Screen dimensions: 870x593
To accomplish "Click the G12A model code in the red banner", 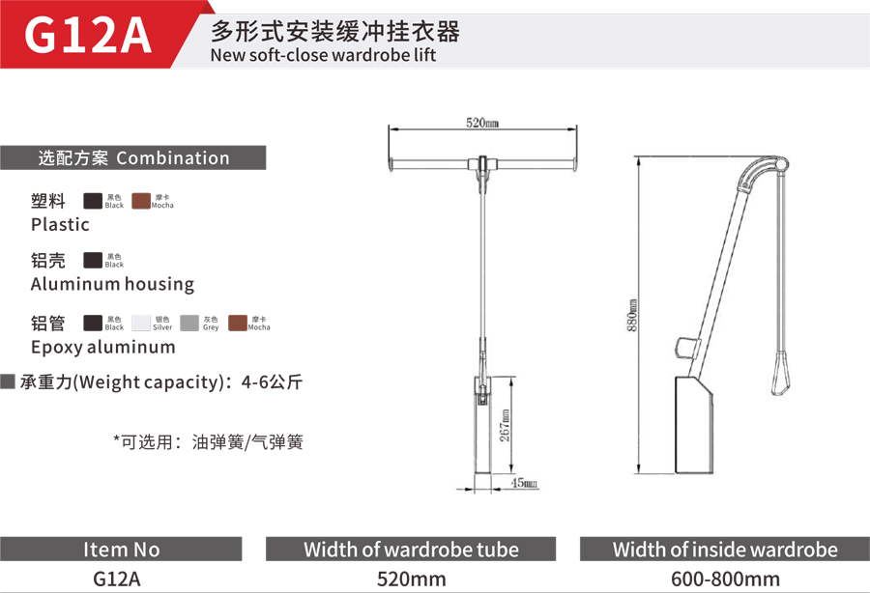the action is coord(88,35).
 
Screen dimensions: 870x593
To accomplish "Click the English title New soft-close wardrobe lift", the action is coord(323,55).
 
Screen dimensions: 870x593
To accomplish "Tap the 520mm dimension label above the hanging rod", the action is coord(482,123).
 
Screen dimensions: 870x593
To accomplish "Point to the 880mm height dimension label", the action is coord(632,316).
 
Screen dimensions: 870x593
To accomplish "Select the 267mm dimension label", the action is coord(505,426).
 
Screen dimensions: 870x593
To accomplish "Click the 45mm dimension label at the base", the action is coord(524,483).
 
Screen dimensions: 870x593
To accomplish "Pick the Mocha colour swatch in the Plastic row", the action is coord(141,201).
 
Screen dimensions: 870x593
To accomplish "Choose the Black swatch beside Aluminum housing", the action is coord(93,260).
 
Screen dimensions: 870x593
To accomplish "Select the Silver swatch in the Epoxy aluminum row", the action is coord(141,323).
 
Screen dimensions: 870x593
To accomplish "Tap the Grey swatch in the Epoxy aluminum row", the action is coord(189,323).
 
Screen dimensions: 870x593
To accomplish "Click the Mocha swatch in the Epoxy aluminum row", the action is coord(238,323).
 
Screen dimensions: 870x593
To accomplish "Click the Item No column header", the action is coord(121,550).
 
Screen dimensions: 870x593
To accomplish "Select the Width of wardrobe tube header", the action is coord(411,550).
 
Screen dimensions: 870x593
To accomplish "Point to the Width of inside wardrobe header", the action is coord(725,550).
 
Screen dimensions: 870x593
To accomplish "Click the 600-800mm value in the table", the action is coord(725,579).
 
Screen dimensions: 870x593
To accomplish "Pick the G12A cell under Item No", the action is coord(117,579).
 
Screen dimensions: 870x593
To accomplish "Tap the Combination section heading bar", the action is coord(133,158).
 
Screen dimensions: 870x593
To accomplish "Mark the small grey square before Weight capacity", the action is coord(8,381).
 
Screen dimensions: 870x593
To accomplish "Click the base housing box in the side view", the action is coord(693,425).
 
